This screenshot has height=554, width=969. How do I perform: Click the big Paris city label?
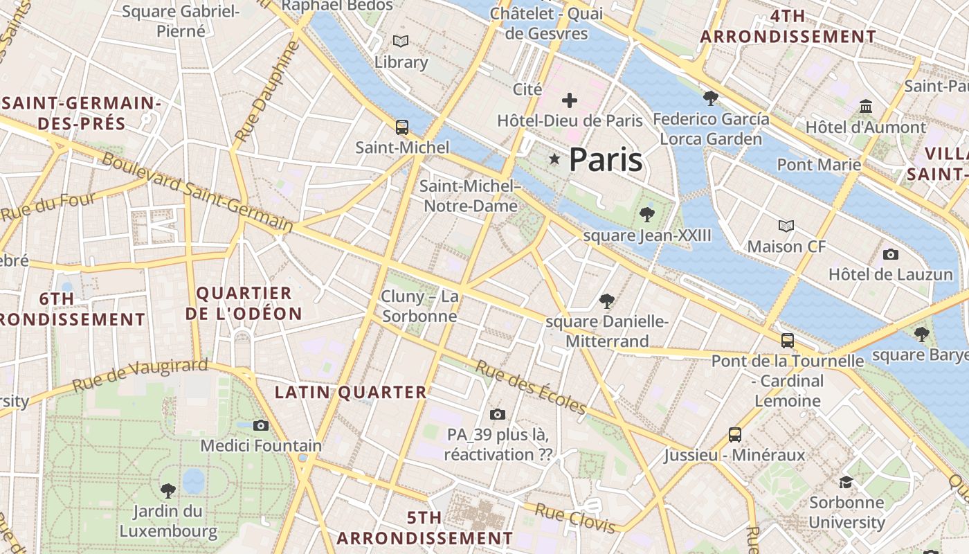[606, 160]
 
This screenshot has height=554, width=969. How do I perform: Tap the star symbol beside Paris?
[554, 159]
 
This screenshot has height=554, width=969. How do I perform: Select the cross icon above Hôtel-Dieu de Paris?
[570, 100]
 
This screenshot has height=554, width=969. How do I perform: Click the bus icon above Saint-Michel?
[401, 127]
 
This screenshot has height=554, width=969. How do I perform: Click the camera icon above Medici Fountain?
[261, 425]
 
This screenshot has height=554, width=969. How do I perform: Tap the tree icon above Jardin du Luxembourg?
[167, 491]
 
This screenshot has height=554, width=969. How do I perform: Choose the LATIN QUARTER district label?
[351, 393]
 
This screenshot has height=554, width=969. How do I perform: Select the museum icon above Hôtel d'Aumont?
[866, 107]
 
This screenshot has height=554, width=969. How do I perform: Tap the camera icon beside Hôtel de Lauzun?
[891, 254]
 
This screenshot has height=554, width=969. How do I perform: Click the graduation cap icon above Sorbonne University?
[846, 482]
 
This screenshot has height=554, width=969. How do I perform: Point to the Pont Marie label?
[819, 165]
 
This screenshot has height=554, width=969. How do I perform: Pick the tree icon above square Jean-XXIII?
[647, 214]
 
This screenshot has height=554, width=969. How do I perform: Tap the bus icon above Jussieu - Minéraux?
[735, 435]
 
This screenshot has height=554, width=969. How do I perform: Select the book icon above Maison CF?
[786, 226]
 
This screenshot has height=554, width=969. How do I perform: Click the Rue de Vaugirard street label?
[140, 375]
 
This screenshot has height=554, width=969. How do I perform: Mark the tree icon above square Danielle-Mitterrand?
[607, 301]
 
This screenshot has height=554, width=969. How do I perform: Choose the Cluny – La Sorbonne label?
[420, 307]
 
